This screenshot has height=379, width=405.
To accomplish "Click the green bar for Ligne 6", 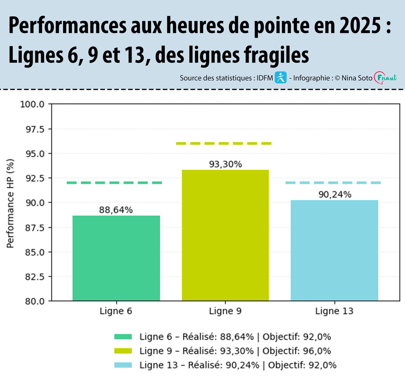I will click(x=116, y=258).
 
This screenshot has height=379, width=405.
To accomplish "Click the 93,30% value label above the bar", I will click(x=225, y=165).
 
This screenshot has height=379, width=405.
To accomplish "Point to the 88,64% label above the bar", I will click(x=116, y=210).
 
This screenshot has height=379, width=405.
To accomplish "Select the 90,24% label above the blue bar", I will click(x=335, y=195).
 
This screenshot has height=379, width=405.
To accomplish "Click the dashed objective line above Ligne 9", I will click(x=224, y=144).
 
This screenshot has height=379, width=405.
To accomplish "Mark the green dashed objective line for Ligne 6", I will click(x=114, y=183).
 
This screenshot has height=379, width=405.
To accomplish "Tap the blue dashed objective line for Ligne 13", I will click(x=333, y=183).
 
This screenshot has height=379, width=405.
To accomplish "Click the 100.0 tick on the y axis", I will click(x=32, y=104).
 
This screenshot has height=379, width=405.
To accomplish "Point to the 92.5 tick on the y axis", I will click(x=35, y=178).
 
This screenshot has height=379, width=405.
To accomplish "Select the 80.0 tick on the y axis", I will click(x=35, y=301).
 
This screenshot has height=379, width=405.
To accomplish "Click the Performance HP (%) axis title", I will click(x=10, y=203).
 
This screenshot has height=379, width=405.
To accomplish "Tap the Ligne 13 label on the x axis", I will click(x=334, y=311).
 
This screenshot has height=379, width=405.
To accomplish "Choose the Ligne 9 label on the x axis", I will click(x=225, y=311).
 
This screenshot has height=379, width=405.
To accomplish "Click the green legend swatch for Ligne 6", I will click(x=123, y=337).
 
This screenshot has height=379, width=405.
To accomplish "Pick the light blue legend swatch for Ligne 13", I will click(x=123, y=365).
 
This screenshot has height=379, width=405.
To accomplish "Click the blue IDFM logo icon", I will click(x=280, y=78).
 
